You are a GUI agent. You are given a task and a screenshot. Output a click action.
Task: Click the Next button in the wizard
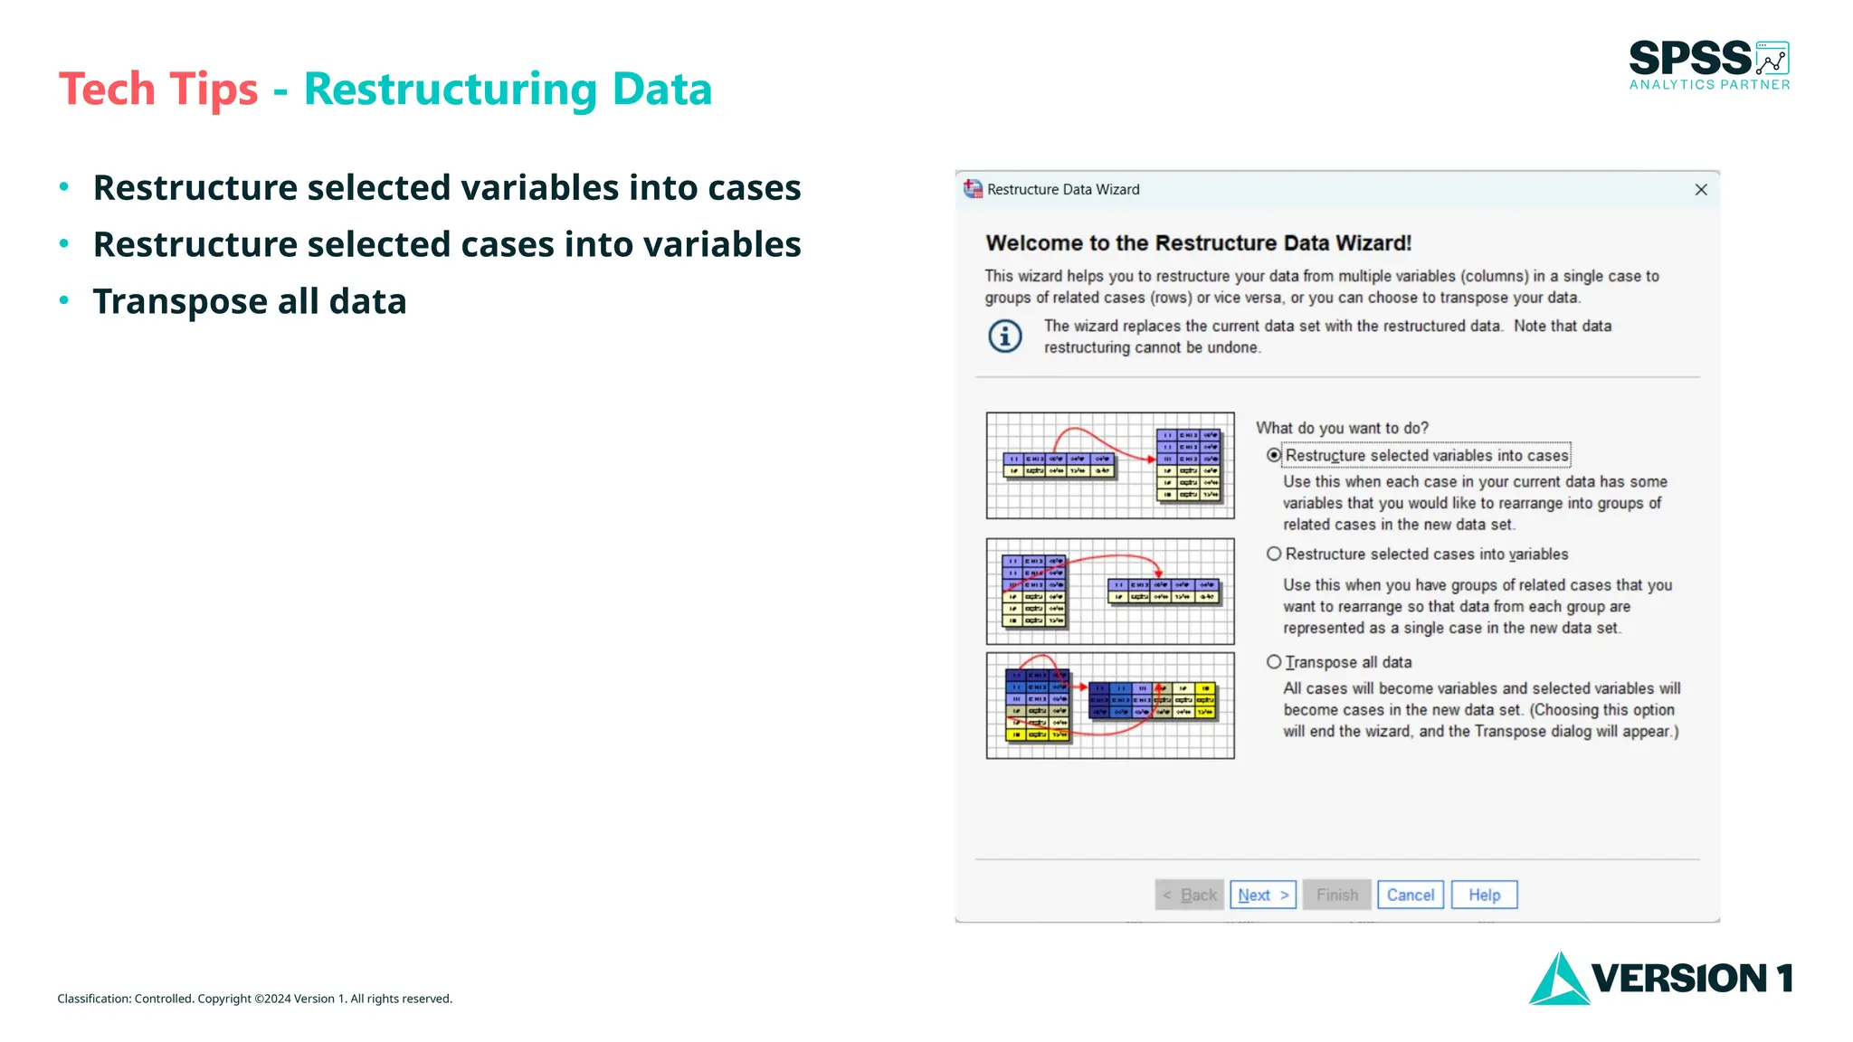[1262, 895]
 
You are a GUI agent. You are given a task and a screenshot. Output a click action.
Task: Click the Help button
[1484, 895]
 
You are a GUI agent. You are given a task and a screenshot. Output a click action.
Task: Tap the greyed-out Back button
[1189, 895]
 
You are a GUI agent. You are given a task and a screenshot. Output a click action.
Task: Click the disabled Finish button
[1336, 895]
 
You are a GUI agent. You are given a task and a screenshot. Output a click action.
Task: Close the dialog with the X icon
[1700, 189]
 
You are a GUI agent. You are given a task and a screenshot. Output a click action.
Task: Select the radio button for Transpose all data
[1274, 662]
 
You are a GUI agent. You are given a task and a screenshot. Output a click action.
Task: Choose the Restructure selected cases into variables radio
[1274, 554]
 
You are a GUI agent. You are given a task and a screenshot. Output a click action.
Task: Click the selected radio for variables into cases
[1274, 455]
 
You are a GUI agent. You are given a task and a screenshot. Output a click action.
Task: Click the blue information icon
[1005, 336]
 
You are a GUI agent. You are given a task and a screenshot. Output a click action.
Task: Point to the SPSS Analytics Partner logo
[1708, 65]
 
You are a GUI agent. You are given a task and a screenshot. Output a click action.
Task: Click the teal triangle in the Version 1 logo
[1558, 980]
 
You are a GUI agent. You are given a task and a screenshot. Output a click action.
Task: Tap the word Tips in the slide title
[214, 90]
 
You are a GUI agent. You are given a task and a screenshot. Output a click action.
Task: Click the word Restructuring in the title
[451, 90]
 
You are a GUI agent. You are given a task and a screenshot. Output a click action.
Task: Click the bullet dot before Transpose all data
[64, 300]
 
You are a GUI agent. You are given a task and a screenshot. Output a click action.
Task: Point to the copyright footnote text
[254, 999]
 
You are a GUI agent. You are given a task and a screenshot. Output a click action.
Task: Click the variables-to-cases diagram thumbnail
[1109, 465]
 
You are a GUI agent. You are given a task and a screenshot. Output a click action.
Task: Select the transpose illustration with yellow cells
[1109, 706]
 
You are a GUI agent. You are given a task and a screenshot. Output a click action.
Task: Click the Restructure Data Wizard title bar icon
[973, 189]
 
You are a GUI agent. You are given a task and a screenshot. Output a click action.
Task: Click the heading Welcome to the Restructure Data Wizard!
[1198, 242]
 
